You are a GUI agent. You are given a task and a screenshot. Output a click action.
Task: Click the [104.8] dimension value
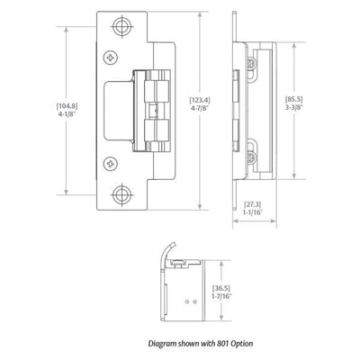[67, 106]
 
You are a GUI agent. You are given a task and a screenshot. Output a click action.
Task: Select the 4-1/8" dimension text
[67, 114]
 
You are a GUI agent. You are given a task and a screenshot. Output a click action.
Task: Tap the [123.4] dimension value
[200, 100]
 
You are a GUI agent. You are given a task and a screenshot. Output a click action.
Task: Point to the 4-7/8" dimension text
[200, 108]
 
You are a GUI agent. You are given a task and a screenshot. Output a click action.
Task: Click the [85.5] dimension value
[294, 99]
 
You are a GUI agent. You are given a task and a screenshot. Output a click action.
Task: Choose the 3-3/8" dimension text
[294, 107]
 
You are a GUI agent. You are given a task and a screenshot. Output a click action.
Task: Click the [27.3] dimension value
[252, 204]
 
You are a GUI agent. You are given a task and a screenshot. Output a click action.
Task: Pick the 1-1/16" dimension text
[252, 212]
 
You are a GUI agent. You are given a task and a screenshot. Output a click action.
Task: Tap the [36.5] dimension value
[221, 288]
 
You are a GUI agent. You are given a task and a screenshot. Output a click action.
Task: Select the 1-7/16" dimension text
[221, 296]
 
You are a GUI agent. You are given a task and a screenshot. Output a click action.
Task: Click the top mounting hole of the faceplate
[121, 26]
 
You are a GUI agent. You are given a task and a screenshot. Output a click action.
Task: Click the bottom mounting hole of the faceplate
[121, 195]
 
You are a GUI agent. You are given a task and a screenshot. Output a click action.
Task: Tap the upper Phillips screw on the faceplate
[111, 57]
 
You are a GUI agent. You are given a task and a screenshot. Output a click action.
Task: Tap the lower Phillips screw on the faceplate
[111, 164]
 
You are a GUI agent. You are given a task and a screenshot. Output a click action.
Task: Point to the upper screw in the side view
[251, 64]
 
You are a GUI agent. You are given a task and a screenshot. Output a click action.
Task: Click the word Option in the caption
[242, 344]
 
